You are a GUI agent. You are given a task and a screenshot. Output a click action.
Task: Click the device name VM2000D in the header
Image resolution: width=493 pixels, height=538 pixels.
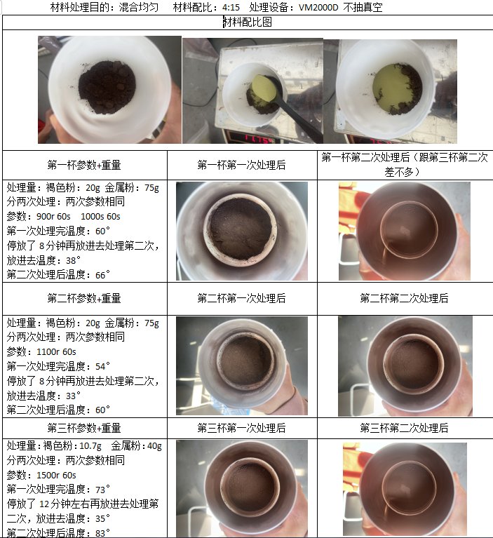pos(318,7)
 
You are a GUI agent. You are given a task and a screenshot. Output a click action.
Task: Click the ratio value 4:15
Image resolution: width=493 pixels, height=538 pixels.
pos(231,7)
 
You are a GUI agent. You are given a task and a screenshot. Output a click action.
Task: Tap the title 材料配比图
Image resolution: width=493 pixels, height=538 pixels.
pos(248,22)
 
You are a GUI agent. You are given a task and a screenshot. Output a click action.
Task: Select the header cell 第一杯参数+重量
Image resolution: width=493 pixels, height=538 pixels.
pos(84,165)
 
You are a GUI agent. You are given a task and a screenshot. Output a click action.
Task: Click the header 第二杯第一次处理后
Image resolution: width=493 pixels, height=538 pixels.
pos(241,298)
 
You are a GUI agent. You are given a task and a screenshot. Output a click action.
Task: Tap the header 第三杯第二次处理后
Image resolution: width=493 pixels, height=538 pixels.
pos(404,428)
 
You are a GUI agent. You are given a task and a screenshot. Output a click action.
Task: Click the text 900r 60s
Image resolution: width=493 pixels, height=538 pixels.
pos(53,217)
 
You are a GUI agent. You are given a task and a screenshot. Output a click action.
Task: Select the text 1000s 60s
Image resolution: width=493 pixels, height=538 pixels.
pos(100,217)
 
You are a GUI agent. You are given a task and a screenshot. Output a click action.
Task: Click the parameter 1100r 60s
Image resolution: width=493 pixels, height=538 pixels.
pos(56,351)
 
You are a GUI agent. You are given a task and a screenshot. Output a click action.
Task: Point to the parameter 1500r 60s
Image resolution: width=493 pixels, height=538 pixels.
pos(56,475)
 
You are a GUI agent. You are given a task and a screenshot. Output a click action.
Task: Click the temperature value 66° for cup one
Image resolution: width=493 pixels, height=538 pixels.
pos(102,275)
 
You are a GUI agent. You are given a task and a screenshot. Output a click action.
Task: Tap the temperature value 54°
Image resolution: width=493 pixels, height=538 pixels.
pos(102,366)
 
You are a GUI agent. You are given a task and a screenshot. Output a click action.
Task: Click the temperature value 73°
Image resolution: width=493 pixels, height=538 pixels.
pos(102,489)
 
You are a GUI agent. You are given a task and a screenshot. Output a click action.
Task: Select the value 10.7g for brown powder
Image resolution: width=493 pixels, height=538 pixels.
pos(90,445)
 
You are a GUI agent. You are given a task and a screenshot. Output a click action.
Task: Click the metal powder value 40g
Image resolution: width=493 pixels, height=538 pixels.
pos(154,445)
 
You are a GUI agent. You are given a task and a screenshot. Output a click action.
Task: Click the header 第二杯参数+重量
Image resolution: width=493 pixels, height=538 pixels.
pos(84,298)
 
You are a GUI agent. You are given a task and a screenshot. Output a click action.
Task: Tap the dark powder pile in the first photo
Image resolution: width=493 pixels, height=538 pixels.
pos(107,87)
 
